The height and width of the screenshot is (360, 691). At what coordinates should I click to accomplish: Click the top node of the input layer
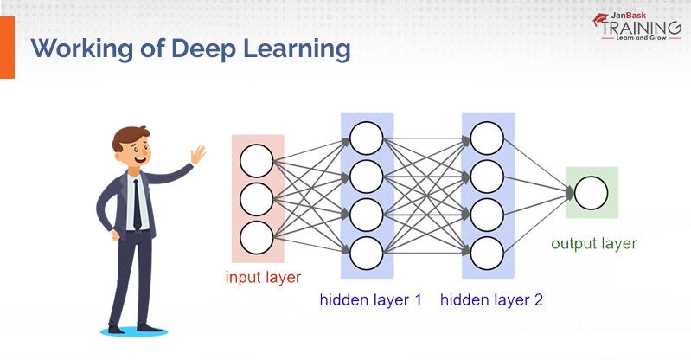click(x=257, y=162)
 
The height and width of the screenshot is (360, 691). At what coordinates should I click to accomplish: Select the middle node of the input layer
click(x=257, y=199)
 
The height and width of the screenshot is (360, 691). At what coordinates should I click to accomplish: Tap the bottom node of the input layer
click(x=257, y=236)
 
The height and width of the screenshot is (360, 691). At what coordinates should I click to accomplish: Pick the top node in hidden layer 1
click(x=367, y=138)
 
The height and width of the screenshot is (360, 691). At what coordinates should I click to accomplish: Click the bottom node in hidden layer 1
click(x=367, y=252)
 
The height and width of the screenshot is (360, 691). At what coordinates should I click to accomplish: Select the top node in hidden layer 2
click(x=487, y=138)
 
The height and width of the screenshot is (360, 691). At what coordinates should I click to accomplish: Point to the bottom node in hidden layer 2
click(x=487, y=252)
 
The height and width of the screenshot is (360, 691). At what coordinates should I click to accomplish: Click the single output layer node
click(x=592, y=193)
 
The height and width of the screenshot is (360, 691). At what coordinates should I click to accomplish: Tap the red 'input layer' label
click(x=263, y=278)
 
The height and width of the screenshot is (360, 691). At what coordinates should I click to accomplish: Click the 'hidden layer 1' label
click(x=371, y=300)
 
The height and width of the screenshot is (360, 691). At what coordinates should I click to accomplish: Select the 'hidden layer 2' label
click(x=491, y=300)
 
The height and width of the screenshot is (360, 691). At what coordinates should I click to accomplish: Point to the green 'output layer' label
click(x=593, y=243)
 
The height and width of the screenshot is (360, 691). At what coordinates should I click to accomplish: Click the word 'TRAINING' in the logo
click(x=639, y=27)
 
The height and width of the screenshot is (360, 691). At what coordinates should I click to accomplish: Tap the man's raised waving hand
click(x=199, y=156)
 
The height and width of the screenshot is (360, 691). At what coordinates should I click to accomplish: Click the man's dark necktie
click(x=137, y=202)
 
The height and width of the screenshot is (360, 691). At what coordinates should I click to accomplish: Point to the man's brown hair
click(x=130, y=137)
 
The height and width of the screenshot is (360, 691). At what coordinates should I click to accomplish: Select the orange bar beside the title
click(x=7, y=48)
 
